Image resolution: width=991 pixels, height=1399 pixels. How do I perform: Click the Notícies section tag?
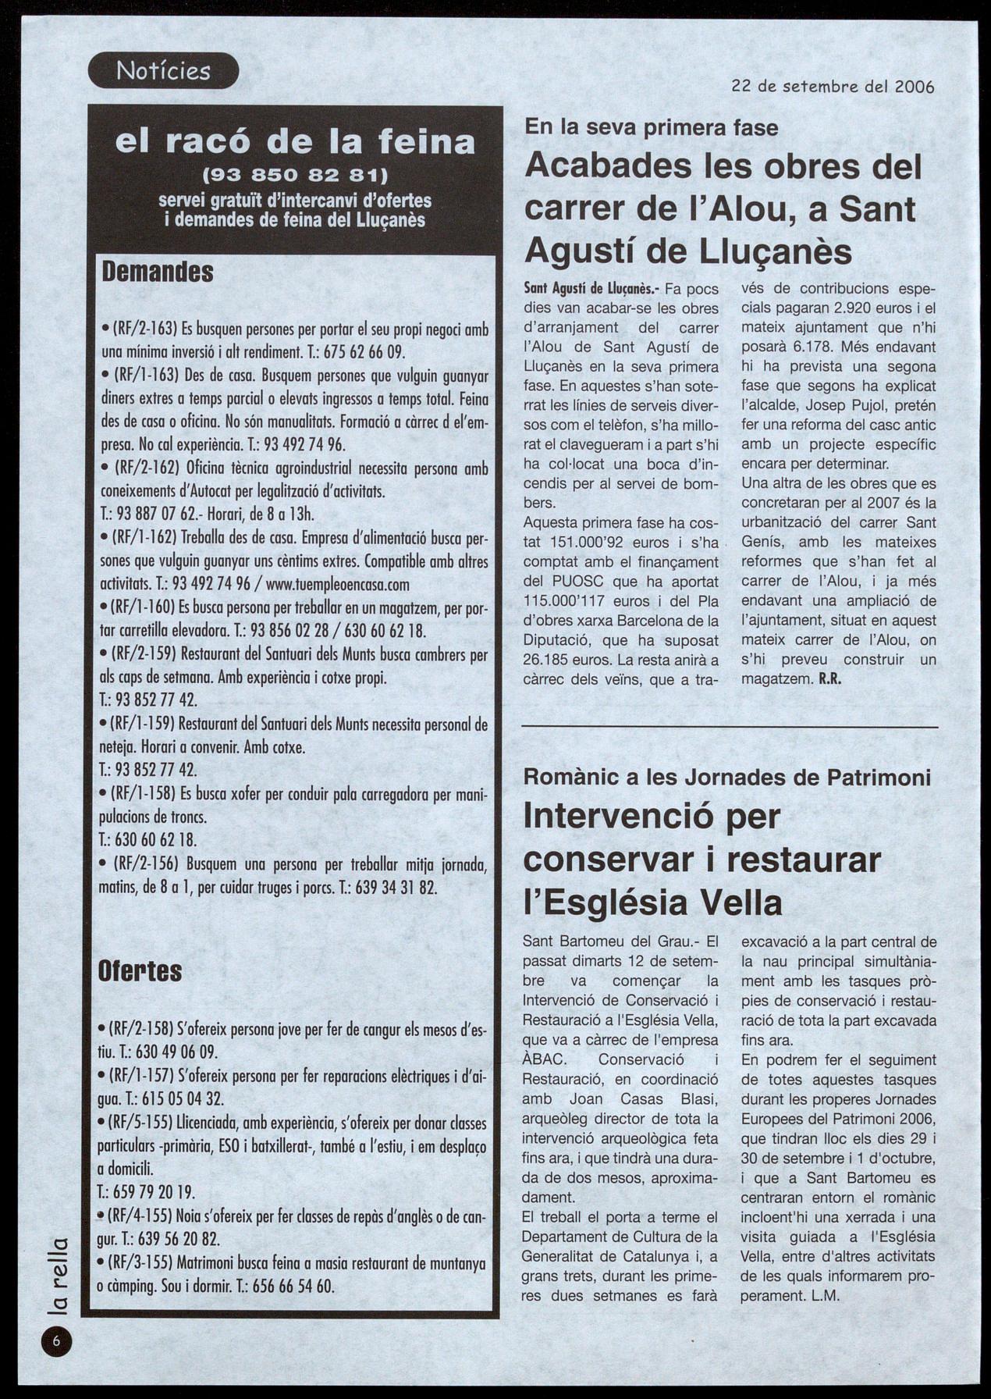(x=163, y=72)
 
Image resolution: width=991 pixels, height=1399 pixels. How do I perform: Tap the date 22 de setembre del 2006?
(x=833, y=86)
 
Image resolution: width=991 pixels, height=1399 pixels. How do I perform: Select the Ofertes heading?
(x=140, y=971)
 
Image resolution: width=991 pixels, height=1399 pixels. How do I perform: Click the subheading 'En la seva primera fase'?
(x=652, y=127)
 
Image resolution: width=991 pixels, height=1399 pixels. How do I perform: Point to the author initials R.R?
(x=829, y=679)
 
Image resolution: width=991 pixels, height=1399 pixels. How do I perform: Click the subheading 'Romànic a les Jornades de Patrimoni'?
(x=726, y=778)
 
